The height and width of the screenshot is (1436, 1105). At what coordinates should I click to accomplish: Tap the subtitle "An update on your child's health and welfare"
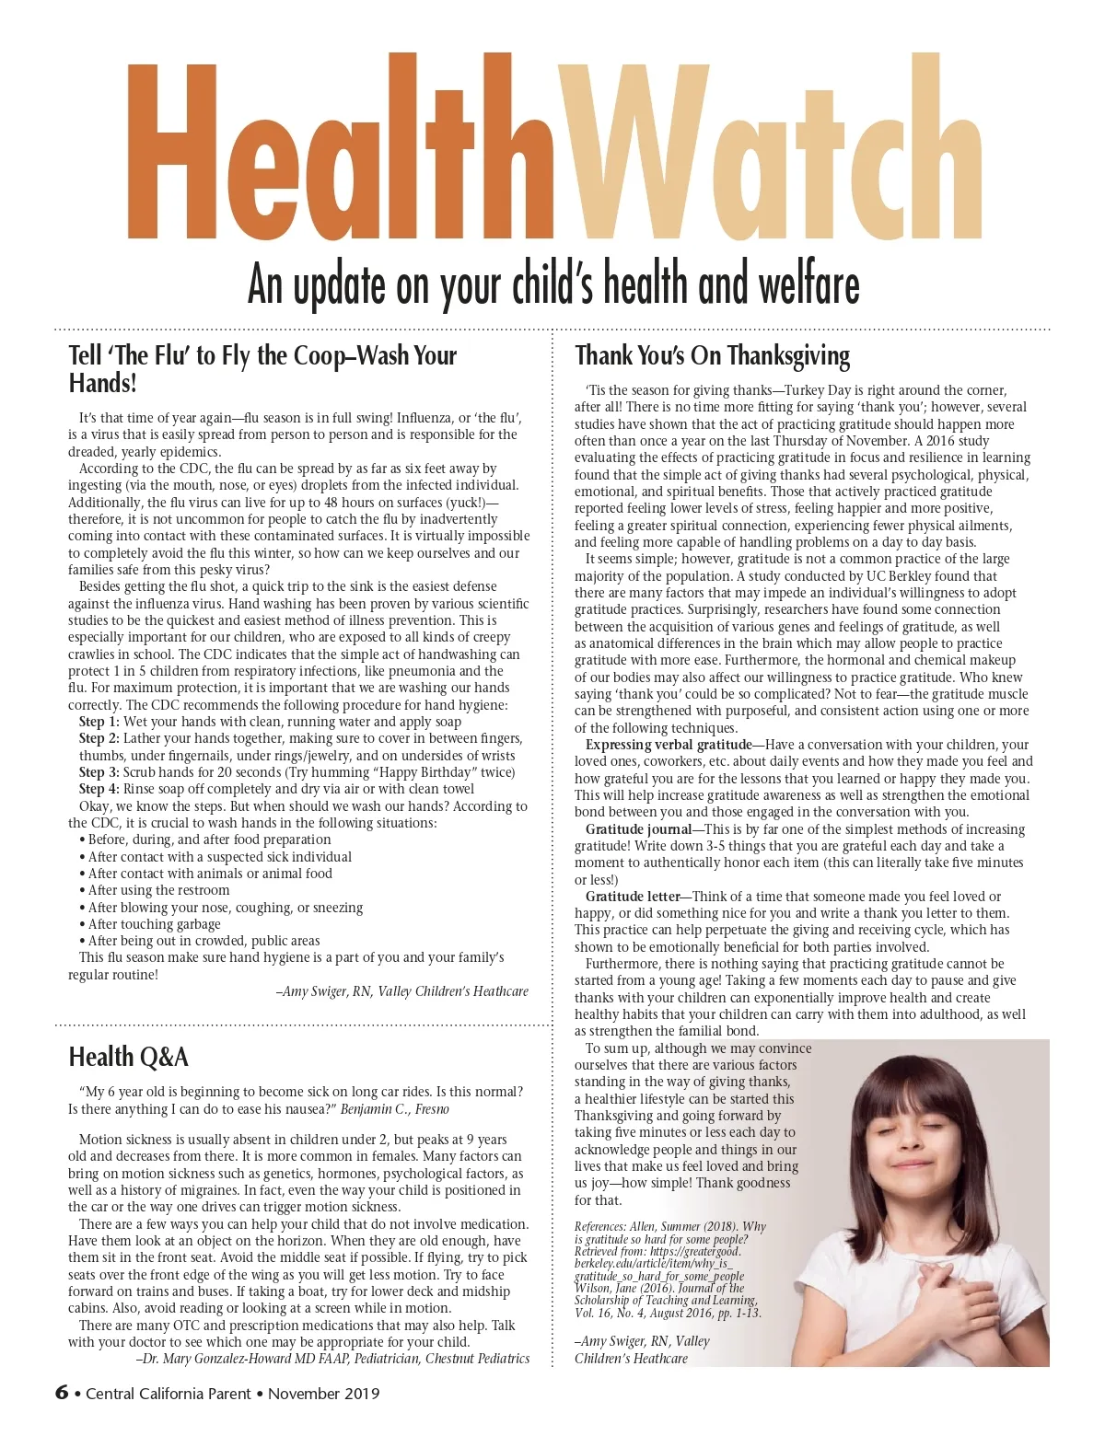pos(552,284)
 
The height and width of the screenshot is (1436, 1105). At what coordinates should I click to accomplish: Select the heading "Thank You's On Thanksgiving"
pos(712,355)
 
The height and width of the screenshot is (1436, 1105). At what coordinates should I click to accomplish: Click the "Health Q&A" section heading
pos(128,1057)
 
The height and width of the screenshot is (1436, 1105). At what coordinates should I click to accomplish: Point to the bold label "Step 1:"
pos(99,722)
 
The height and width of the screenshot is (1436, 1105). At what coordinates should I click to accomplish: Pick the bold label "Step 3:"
pos(99,772)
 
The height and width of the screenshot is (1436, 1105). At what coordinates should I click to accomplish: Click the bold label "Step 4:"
pos(99,789)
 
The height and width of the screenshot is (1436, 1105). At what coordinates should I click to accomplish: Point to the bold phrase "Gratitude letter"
pos(633,897)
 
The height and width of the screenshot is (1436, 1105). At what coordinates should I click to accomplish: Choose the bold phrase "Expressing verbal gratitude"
pos(669,745)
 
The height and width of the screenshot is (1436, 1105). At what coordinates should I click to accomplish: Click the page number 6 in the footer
pos(62,1392)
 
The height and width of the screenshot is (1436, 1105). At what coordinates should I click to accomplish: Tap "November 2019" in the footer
pos(324,1394)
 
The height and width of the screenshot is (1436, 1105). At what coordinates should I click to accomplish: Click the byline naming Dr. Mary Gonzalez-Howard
pos(332,1359)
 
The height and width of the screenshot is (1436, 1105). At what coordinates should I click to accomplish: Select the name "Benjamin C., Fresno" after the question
pos(395,1109)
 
